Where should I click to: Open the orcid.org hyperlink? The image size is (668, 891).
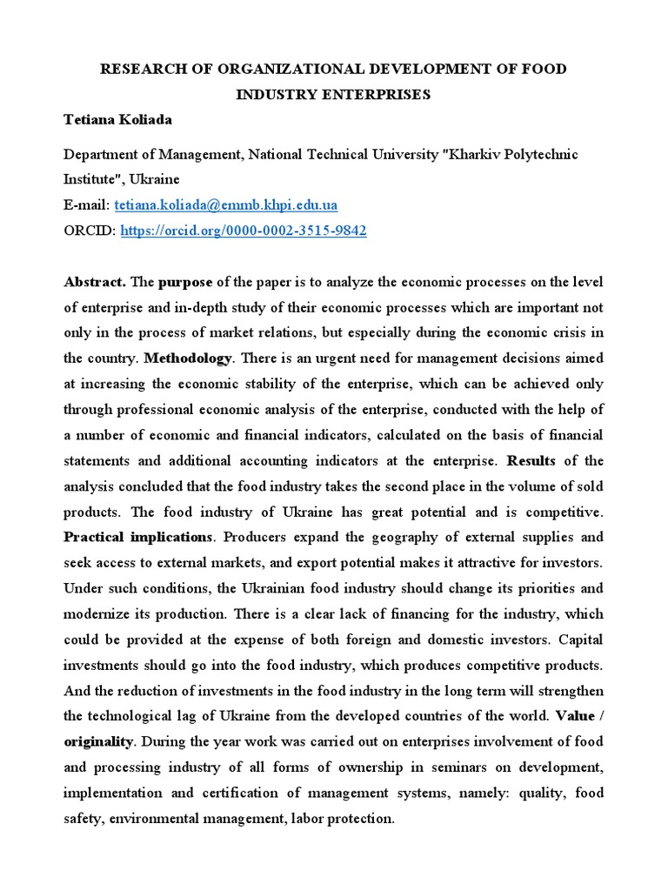(x=243, y=231)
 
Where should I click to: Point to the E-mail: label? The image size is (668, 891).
(x=87, y=205)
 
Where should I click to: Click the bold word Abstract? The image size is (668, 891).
(x=96, y=282)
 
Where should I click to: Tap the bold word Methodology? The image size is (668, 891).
(x=188, y=358)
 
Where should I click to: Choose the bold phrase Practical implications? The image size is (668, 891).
(x=137, y=537)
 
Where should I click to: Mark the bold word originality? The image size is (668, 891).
(x=98, y=742)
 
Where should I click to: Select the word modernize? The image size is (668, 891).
(x=97, y=614)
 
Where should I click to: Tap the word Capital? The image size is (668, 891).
(x=579, y=640)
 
